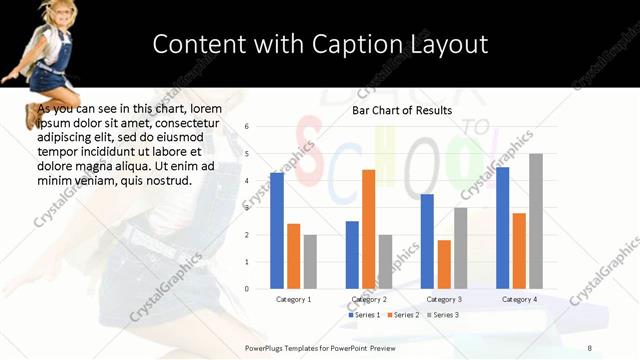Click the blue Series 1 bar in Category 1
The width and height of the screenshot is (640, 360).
point(277,231)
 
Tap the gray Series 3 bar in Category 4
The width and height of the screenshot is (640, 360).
point(536,221)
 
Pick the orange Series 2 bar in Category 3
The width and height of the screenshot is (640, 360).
point(444,264)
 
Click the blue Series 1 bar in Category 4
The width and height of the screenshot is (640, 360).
point(502,228)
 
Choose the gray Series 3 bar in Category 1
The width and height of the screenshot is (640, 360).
point(310,262)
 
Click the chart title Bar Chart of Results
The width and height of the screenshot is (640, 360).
point(402,110)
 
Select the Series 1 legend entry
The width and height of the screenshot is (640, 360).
point(364,315)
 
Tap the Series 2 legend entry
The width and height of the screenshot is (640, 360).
point(402,315)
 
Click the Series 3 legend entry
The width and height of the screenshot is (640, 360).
point(442,315)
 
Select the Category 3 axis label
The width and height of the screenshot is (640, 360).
point(443,299)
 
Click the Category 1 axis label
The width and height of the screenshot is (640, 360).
point(293,299)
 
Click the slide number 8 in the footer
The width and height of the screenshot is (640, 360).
point(589,347)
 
